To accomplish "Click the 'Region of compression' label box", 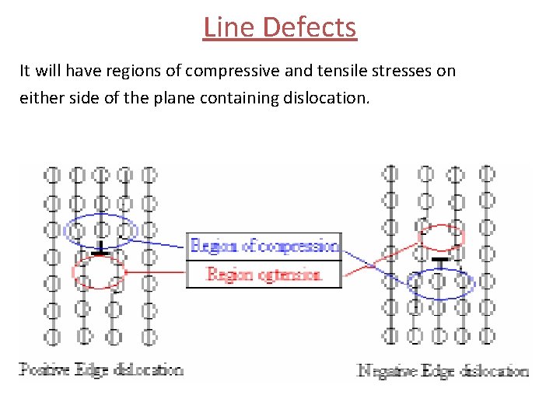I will pyautogui.click(x=264, y=246).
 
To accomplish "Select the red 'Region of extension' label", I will pyautogui.click(x=264, y=275).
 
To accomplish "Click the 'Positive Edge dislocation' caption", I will pyautogui.click(x=101, y=369).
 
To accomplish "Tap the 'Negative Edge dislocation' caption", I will pyautogui.click(x=442, y=371).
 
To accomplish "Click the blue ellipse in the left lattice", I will pyautogui.click(x=101, y=229).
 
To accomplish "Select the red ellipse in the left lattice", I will pyautogui.click(x=99, y=271).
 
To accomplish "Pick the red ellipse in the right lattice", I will pyautogui.click(x=441, y=236).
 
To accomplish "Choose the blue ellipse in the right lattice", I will pyautogui.click(x=441, y=284).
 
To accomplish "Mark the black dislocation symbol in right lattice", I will pyautogui.click(x=441, y=261).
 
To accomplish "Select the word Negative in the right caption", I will pyautogui.click(x=384, y=371).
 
